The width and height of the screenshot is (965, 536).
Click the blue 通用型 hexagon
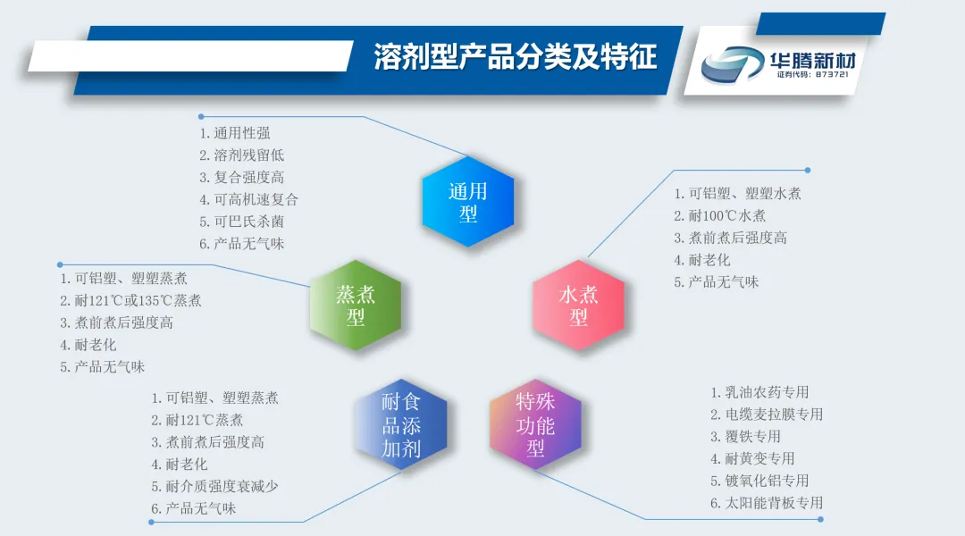tap(467, 201)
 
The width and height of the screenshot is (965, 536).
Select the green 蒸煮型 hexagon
tap(355, 306)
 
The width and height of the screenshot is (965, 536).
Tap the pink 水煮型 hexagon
tap(578, 306)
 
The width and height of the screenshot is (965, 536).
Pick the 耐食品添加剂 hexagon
tap(400, 424)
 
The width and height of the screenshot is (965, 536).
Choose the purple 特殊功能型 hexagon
tap(535, 424)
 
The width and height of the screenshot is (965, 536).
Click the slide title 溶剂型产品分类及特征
tap(516, 57)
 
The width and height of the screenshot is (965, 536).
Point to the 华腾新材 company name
tap(812, 61)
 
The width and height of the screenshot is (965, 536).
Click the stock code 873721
tap(832, 74)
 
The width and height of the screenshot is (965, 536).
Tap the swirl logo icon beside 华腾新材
tap(733, 64)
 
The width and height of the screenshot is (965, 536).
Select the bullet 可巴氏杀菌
tap(241, 222)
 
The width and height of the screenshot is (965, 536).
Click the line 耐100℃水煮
tap(719, 215)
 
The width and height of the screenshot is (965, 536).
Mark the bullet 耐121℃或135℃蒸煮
tap(130, 300)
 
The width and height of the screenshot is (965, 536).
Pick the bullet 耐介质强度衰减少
tap(214, 486)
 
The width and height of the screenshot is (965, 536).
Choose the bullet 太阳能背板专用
tap(767, 503)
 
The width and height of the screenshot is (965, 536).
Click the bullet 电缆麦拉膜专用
tap(767, 415)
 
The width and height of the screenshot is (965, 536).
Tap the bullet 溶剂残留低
tap(241, 155)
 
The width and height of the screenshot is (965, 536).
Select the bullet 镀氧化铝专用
tap(759, 481)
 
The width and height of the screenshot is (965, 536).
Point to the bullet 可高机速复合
tap(248, 199)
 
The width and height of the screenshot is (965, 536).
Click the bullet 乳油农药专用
tap(759, 392)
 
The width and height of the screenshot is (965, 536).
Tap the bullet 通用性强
tap(234, 133)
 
